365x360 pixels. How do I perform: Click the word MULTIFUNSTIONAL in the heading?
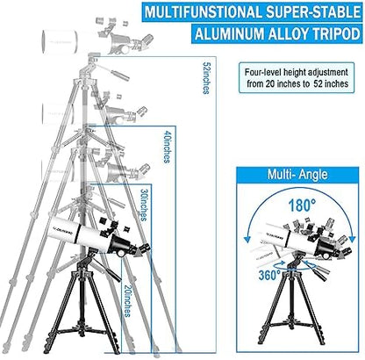[204, 12]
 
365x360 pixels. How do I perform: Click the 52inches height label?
[206, 77]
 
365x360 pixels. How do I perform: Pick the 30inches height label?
[144, 205]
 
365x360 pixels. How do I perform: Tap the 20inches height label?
[127, 301]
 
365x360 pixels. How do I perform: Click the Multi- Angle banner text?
[297, 175]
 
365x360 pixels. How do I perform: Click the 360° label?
[269, 275]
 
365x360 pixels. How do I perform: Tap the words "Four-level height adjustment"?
[297, 72]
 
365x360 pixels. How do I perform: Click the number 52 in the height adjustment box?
[319, 83]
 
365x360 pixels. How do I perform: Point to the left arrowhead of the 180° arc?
[247, 239]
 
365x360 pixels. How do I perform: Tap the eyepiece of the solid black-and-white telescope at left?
[146, 248]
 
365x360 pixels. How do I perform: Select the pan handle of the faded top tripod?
[116, 72]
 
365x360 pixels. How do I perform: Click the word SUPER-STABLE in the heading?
[312, 12]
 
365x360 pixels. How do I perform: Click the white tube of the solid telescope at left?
[77, 231]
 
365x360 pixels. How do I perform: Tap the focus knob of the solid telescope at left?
[121, 254]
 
